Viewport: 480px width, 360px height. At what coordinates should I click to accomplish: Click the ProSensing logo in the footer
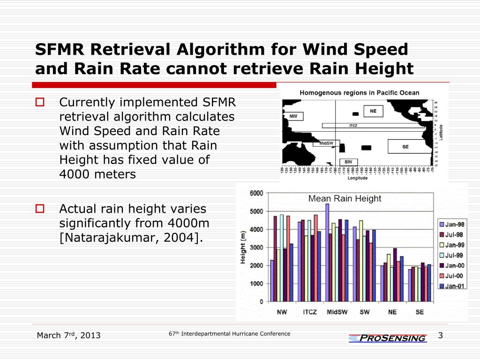[388, 337]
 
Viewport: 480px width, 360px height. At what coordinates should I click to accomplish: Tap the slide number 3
[440, 335]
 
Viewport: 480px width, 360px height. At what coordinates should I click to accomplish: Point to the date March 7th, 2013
[69, 335]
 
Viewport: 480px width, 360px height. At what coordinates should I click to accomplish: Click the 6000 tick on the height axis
[256, 193]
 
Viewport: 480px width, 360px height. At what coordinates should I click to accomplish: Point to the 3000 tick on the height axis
[256, 247]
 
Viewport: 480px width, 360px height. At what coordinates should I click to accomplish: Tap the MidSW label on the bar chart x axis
[337, 311]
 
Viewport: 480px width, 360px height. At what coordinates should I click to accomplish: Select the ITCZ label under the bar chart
[309, 311]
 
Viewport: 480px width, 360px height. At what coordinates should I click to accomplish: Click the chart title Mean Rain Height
[345, 198]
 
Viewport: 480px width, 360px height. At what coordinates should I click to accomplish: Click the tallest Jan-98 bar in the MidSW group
[327, 252]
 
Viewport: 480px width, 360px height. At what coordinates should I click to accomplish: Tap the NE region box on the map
[373, 111]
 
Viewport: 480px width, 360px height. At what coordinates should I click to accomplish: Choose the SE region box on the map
[405, 147]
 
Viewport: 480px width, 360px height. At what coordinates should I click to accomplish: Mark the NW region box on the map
[293, 116]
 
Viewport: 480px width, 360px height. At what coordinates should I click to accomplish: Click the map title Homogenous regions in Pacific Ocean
[360, 92]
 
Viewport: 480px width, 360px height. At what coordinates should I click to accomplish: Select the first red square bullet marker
[39, 102]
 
